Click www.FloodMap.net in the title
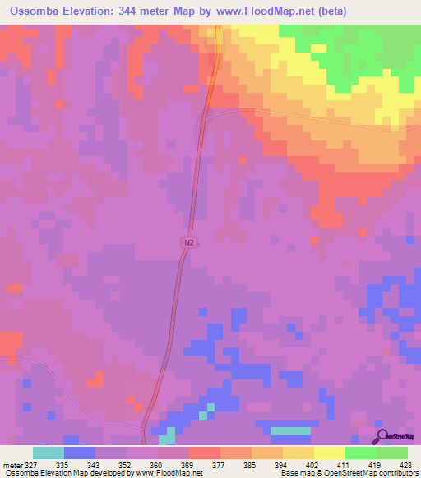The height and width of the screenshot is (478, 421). [x=249, y=11]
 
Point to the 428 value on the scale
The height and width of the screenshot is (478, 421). [x=406, y=464]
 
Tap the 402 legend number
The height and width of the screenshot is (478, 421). [x=313, y=464]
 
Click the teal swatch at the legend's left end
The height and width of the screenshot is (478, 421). [x=49, y=453]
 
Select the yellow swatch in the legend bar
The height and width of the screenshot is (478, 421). [x=329, y=453]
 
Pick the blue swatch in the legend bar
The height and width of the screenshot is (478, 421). [x=80, y=453]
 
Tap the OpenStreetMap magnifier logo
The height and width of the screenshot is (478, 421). [x=382, y=436]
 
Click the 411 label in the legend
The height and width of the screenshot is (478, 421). [x=345, y=464]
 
